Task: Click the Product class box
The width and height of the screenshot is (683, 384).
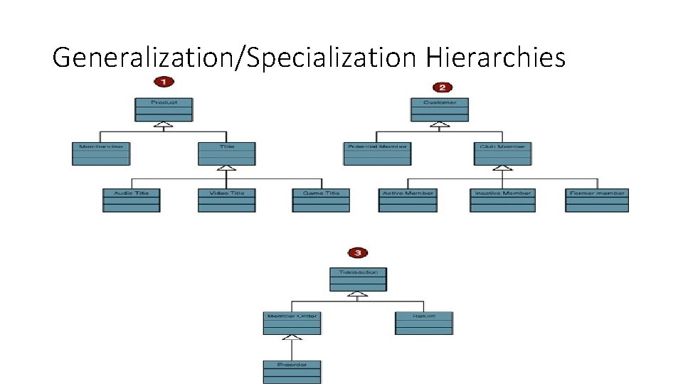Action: point(164,110)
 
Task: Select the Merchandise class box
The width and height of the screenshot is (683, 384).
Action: point(100,154)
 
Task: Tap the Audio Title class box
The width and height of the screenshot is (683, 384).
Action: point(132,200)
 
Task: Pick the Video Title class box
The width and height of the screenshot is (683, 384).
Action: point(226,200)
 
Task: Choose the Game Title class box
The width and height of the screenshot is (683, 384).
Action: point(321,200)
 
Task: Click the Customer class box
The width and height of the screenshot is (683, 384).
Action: point(440,110)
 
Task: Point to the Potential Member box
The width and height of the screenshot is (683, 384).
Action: point(376,154)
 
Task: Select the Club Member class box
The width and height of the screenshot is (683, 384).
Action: point(502,154)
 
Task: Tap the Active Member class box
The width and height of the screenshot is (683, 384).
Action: point(408,200)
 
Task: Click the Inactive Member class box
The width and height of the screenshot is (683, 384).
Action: point(502,200)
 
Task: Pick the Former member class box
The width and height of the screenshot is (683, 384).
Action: point(597,200)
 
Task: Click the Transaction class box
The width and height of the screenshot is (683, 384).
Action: point(358,279)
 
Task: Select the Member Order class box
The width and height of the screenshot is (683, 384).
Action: point(292,323)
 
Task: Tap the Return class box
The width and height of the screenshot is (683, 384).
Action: point(424,323)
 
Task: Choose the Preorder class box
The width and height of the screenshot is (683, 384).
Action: point(292,372)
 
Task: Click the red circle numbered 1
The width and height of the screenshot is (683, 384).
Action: point(164,82)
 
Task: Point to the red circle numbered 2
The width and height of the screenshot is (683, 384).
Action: point(442,87)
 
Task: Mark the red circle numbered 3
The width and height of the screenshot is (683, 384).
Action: point(357,252)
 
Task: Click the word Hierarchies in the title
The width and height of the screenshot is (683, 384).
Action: point(495,57)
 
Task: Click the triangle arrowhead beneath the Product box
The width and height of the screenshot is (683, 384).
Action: point(164,126)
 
